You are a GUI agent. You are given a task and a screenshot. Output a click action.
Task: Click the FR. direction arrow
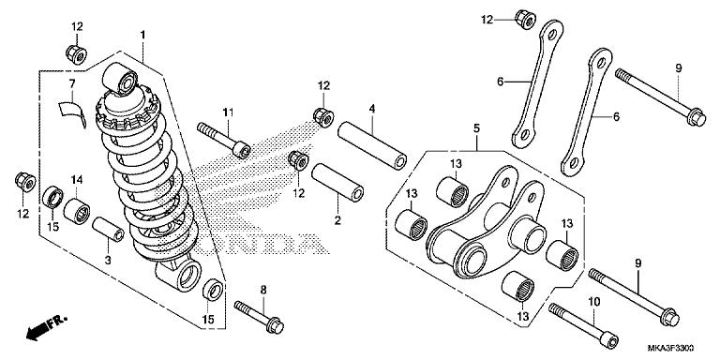tap(46, 327)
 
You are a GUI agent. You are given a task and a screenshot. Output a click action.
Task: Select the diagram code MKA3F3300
tap(670, 348)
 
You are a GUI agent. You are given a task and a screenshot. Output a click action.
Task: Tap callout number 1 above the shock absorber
tap(142, 35)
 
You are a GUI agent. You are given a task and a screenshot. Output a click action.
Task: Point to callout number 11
tap(228, 112)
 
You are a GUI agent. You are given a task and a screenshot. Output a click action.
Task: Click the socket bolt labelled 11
tap(224, 140)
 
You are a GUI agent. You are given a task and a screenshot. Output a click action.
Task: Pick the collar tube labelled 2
tap(337, 182)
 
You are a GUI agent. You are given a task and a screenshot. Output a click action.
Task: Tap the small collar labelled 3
tap(108, 229)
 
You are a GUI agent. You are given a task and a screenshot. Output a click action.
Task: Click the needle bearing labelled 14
tap(77, 211)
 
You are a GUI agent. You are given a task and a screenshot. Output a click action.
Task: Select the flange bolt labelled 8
tap(259, 317)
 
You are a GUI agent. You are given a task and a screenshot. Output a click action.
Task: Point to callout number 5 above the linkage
tap(476, 129)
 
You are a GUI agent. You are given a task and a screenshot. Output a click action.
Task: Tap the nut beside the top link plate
tap(525, 20)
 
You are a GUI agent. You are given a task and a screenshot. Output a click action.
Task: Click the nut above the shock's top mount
tap(76, 54)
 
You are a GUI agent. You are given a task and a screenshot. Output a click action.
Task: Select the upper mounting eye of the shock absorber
tap(119, 79)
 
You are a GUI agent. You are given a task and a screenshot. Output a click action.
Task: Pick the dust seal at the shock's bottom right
tap(213, 290)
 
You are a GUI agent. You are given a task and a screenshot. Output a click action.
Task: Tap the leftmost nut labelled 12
tap(25, 182)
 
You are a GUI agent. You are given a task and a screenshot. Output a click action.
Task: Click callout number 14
tap(77, 180)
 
